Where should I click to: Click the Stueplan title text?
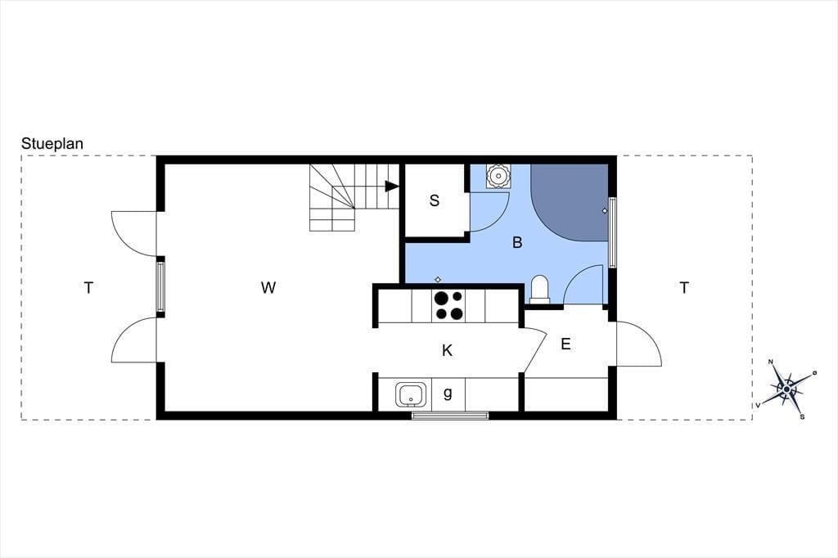pos(52,144)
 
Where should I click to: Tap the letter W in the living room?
pos(268,287)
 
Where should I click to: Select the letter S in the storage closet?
pos(435,200)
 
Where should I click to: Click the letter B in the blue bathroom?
pos(517,243)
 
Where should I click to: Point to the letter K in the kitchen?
pos(448,351)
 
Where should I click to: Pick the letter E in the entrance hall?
pos(565,344)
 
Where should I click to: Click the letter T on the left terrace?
pos(88,287)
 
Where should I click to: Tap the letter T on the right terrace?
pos(684,287)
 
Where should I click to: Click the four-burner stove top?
pos(448,305)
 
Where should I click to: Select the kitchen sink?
pos(411,394)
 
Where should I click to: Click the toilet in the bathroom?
pos(540,289)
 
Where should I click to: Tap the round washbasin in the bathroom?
pos(498,175)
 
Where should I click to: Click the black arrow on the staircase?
pos(392,186)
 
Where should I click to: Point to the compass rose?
pos(786,389)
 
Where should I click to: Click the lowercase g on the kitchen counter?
pos(448,394)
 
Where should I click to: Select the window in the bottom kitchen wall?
pos(450,416)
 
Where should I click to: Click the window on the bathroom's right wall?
pos(612,232)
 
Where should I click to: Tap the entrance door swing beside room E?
pos(639,344)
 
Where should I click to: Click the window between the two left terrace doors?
pos(160,286)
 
